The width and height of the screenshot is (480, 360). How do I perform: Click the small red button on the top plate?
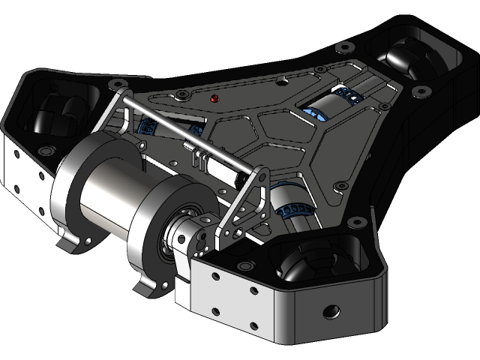[214, 98]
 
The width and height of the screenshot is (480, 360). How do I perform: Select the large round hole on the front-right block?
[328, 310]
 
